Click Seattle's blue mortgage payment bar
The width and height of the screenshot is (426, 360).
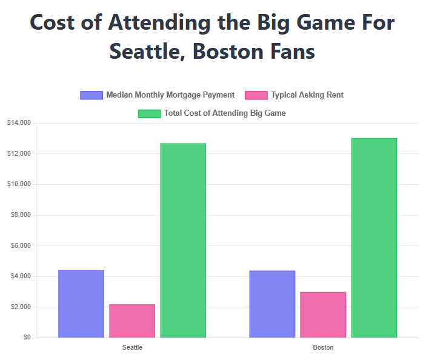click(81, 304)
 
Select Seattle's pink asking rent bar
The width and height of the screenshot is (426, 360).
click(132, 321)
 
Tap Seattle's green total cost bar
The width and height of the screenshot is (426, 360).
click(183, 240)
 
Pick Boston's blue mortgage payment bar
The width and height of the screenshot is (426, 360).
click(272, 304)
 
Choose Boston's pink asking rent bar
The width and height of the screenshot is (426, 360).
click(323, 315)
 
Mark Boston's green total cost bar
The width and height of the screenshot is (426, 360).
click(374, 238)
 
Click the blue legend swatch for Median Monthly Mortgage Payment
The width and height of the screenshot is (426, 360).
click(92, 95)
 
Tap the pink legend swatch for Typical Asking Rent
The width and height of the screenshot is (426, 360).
click(256, 95)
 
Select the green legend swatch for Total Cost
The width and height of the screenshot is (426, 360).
click(149, 113)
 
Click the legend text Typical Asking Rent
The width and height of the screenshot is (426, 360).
click(307, 95)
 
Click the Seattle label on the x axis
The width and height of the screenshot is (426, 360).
click(132, 348)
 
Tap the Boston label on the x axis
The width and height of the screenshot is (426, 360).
click(323, 348)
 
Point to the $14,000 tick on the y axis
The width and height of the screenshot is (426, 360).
click(19, 123)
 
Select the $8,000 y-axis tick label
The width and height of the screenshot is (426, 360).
click(21, 215)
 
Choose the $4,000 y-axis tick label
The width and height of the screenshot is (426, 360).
click(21, 276)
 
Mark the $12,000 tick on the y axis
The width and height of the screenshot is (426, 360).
click(19, 154)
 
